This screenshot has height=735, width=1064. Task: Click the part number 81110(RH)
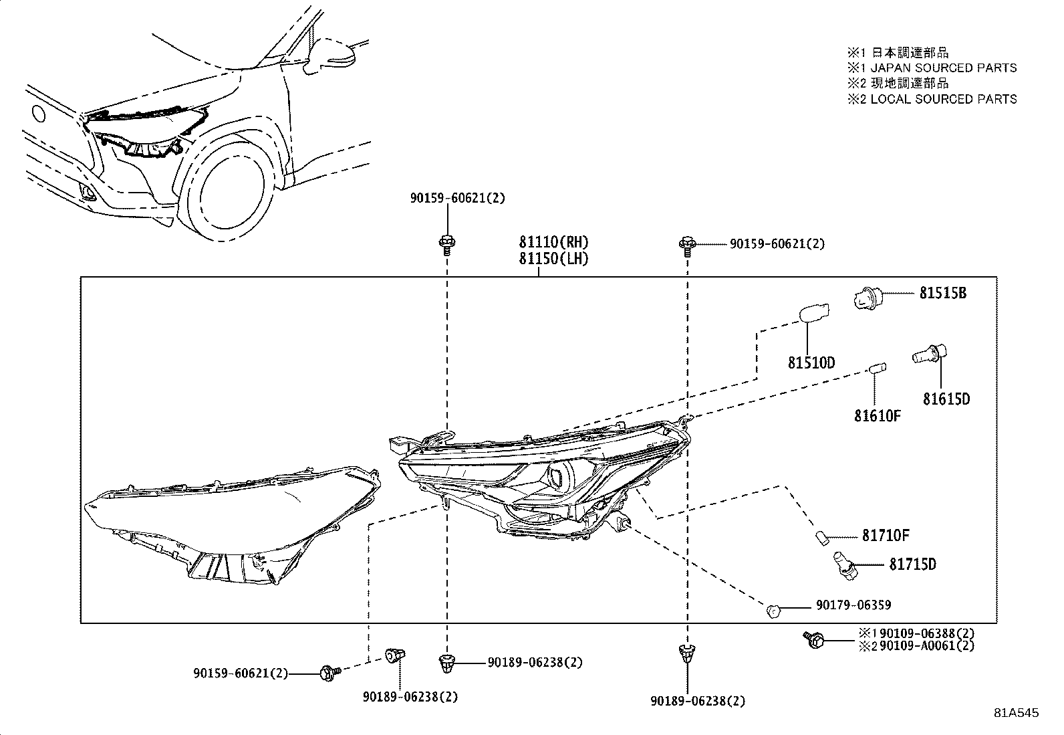pyautogui.click(x=554, y=242)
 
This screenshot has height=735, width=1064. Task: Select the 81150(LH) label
pyautogui.click(x=553, y=259)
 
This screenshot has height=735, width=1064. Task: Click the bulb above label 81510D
pyautogui.click(x=813, y=314)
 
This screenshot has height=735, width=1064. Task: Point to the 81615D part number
pyautogui.click(x=946, y=399)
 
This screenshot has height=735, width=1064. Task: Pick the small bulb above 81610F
pyautogui.click(x=877, y=368)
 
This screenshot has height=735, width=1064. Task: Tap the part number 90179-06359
pyautogui.click(x=853, y=605)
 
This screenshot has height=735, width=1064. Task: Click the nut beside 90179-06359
pyautogui.click(x=773, y=609)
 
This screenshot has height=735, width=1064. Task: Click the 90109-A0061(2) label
pyautogui.click(x=927, y=646)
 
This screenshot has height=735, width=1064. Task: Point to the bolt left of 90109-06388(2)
pyautogui.click(x=813, y=639)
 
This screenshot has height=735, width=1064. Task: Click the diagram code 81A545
pyautogui.click(x=1016, y=714)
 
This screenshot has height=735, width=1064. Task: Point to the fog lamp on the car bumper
pyautogui.click(x=87, y=194)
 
